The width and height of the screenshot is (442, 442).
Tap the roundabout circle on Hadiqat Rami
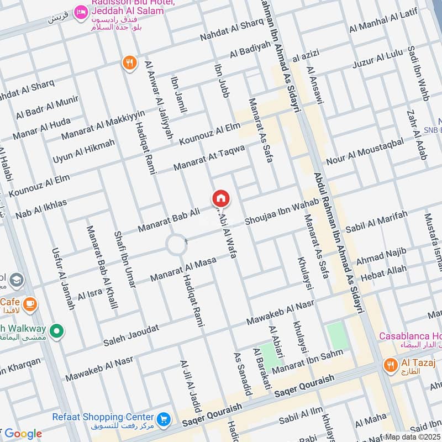pos(177,244)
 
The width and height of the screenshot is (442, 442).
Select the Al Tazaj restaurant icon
pos(391,365)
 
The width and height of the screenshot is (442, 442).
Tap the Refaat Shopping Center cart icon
pos(163,419)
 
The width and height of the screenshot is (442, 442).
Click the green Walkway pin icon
pos(55,331)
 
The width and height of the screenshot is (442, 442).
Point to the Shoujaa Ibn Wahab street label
pos(282,212)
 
